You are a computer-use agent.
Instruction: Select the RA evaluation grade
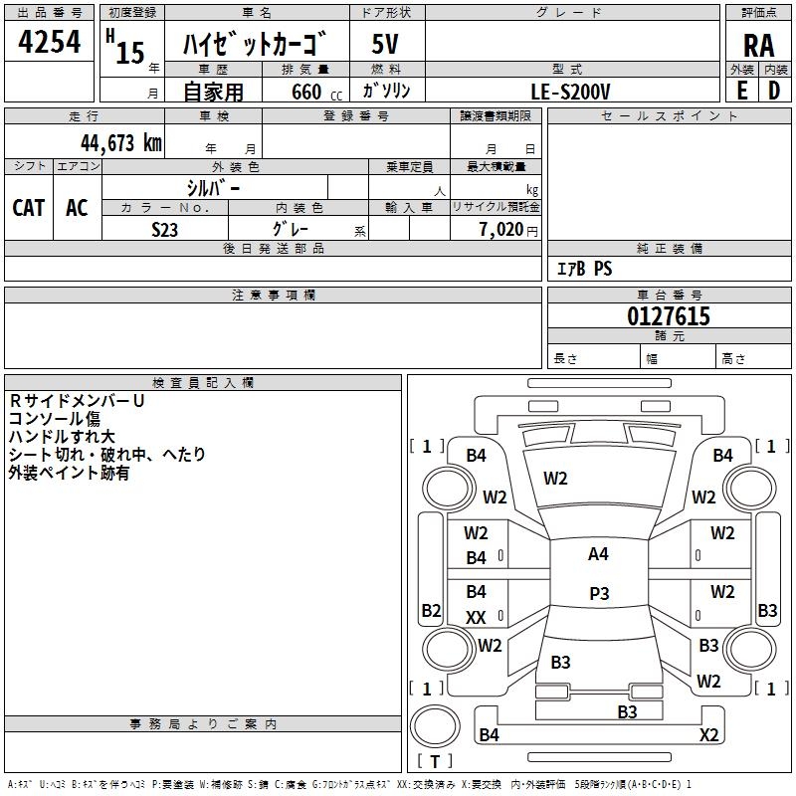758,46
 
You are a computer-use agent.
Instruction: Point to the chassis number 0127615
669,317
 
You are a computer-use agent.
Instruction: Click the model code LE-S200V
571,92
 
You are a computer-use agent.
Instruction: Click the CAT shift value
29,208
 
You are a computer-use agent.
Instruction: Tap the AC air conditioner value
77,208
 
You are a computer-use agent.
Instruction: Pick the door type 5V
385,45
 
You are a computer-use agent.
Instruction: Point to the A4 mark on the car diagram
598,554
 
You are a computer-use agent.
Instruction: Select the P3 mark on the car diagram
598,594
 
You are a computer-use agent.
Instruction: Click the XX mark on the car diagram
477,618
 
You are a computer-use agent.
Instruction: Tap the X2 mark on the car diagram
708,735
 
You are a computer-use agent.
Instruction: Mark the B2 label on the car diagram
431,610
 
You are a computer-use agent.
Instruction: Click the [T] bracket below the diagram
435,761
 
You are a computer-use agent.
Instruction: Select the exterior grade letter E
741,91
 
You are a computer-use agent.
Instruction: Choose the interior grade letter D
774,91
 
